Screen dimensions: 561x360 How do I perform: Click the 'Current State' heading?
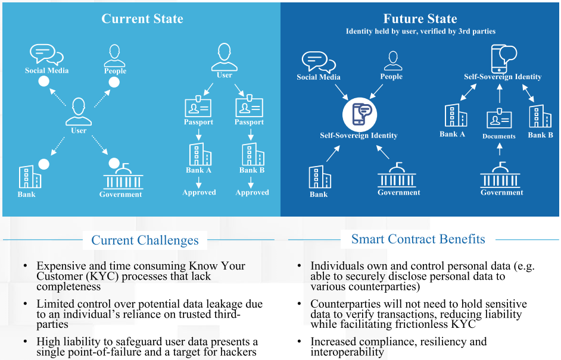click(x=142, y=18)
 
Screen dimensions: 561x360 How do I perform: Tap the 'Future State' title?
click(x=420, y=18)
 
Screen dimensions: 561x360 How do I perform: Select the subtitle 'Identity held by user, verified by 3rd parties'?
click(x=420, y=32)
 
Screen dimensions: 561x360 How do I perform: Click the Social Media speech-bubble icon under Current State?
click(x=46, y=54)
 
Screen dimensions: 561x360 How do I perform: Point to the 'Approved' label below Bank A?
click(x=199, y=192)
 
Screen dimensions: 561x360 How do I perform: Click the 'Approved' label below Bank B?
click(x=252, y=192)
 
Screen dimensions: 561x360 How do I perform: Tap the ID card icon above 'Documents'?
click(x=499, y=118)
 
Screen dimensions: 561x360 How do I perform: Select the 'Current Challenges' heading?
click(x=145, y=240)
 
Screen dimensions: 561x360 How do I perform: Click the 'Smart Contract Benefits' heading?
click(x=418, y=239)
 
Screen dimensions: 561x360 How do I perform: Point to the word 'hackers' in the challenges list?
click(x=238, y=352)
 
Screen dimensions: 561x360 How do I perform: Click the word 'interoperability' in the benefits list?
click(x=347, y=352)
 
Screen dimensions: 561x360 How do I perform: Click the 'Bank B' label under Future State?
click(x=540, y=134)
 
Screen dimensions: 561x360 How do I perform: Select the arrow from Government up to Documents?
click(x=500, y=149)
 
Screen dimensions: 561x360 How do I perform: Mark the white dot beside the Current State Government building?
click(x=114, y=164)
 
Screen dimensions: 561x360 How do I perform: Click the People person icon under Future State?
click(x=393, y=61)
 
